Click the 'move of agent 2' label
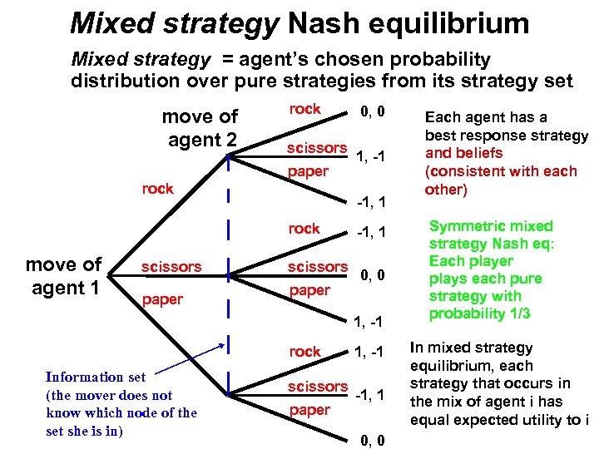200,128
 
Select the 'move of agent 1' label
63,276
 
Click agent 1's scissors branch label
171,267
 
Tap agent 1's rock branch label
157,188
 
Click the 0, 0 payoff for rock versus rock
371,110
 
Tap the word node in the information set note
152,412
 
